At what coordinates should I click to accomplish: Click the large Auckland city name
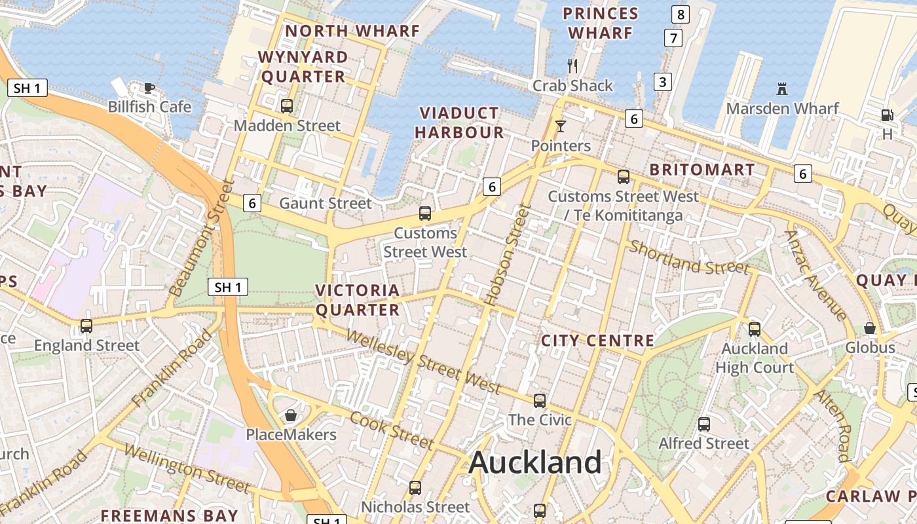point(535,462)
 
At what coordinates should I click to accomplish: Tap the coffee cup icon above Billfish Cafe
point(149,88)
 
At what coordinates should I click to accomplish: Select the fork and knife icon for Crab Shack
point(572,65)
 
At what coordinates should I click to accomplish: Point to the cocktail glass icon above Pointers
point(561,126)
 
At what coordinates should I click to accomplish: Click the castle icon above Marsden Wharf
point(781,88)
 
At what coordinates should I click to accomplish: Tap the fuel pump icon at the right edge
point(887,115)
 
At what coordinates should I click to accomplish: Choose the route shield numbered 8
point(681,14)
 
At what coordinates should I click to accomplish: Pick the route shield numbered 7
point(673,38)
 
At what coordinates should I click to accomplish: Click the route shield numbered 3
point(663,82)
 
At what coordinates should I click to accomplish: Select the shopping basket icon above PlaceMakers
point(291,415)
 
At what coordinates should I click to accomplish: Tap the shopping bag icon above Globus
point(870,328)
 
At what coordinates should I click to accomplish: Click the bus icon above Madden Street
point(287,106)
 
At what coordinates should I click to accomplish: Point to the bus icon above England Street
point(86,326)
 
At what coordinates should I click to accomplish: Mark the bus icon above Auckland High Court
point(755,329)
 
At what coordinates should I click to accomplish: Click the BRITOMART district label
point(702,170)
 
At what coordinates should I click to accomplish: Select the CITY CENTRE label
point(597,341)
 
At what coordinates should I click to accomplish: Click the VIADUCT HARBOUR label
point(459,122)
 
